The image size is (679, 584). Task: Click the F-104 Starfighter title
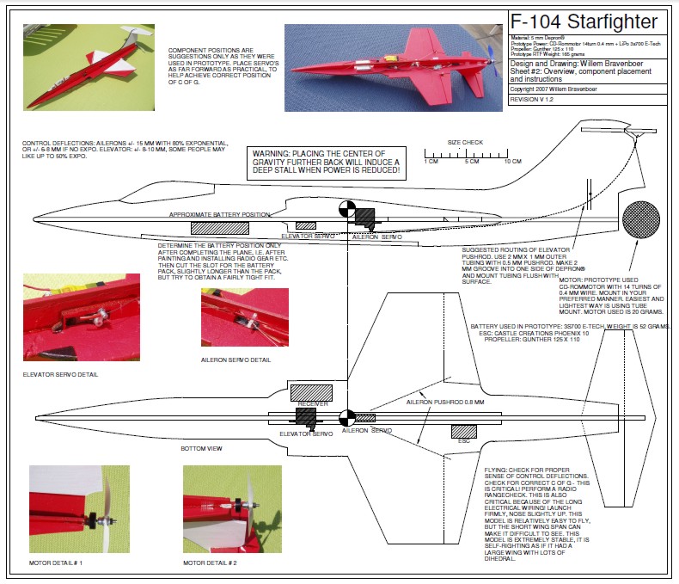pos(584,22)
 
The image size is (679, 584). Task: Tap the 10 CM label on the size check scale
pos(512,162)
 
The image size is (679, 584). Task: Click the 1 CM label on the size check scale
pos(431,162)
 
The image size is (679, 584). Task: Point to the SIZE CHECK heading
pos(465,142)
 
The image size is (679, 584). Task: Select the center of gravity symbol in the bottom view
pos(346,417)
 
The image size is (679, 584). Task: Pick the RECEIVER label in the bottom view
pos(312,403)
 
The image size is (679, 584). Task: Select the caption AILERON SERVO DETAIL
pos(236,360)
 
